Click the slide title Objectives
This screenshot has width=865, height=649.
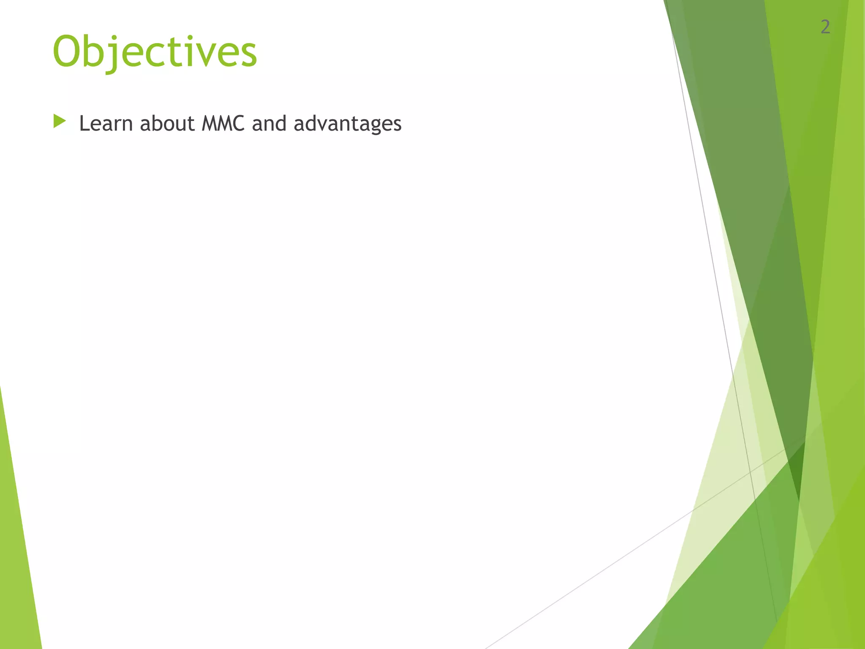pyautogui.click(x=155, y=52)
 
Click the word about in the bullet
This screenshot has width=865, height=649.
pyautogui.click(x=167, y=123)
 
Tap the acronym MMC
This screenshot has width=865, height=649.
pyautogui.click(x=223, y=123)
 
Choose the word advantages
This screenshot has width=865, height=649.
pyautogui.click(x=347, y=124)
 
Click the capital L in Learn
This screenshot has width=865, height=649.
pyautogui.click(x=84, y=123)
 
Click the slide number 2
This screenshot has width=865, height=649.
pyautogui.click(x=825, y=27)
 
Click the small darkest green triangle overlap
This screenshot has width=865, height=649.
pyautogui.click(x=797, y=469)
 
